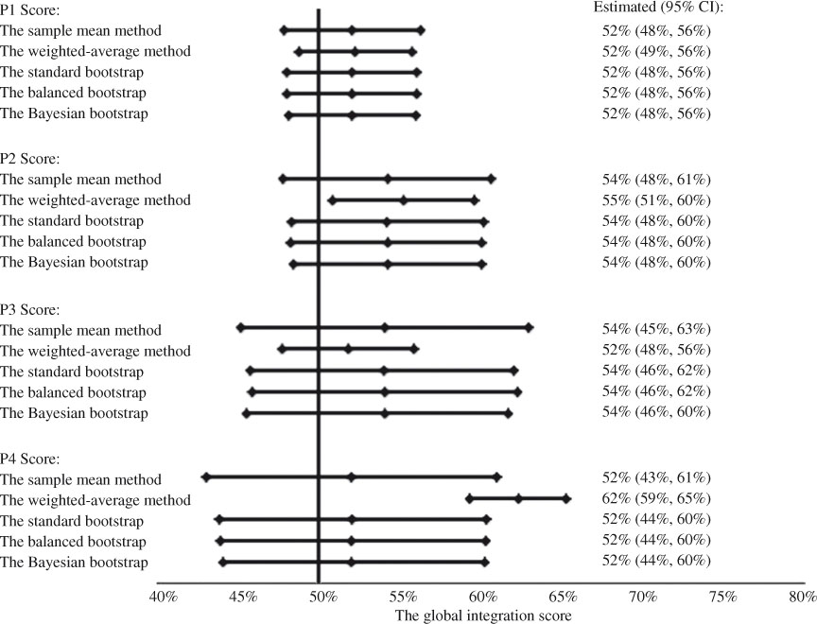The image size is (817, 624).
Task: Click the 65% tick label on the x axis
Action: (563, 598)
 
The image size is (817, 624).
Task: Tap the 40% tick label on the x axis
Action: (164, 598)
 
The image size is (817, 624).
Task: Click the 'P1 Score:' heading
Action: (31, 10)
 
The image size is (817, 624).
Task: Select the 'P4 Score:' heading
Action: (31, 459)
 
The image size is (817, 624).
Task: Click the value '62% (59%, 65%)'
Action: (655, 499)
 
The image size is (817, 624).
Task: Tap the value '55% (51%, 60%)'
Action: (655, 200)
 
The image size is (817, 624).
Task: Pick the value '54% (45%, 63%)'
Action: (655, 329)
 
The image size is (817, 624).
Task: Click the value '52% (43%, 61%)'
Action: (655, 478)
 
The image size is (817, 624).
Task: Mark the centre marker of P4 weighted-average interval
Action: (518, 498)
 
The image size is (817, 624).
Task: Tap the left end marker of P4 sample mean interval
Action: (205, 477)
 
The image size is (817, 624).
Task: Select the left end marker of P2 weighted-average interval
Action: (332, 199)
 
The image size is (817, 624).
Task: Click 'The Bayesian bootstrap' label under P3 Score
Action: (75, 413)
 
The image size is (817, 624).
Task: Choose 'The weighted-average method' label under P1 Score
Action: (96, 51)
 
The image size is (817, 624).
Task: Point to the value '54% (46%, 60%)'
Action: (655, 412)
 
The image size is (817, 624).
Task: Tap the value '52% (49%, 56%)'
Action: (655, 51)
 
